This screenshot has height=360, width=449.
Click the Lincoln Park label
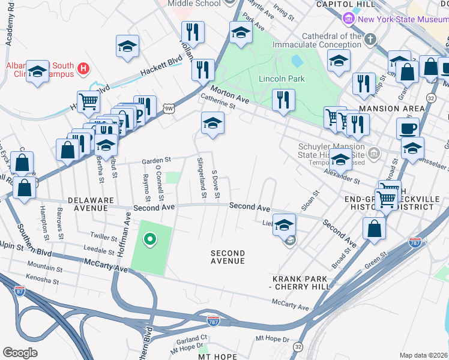click(x=282, y=79)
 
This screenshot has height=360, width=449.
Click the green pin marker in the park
click(x=150, y=240)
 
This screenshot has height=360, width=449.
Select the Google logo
click(x=20, y=352)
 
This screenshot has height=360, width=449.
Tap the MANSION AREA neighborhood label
click(x=391, y=109)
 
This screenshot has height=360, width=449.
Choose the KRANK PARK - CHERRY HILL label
click(x=300, y=283)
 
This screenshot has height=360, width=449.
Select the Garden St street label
click(x=156, y=160)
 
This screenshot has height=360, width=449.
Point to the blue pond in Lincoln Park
click(x=297, y=61)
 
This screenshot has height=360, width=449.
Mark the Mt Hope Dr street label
click(x=273, y=339)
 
